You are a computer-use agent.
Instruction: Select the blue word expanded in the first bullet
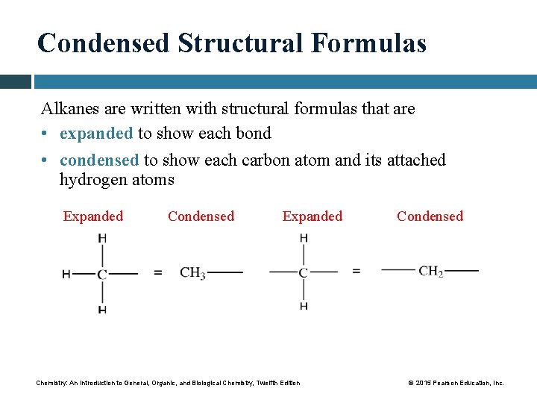96,134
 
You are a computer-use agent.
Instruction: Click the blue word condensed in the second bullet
99,160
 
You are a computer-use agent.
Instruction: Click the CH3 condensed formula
192,273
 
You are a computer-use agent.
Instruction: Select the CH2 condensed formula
431,272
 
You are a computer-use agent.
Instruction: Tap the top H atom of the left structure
102,239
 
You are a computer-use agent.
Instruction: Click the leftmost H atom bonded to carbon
66,274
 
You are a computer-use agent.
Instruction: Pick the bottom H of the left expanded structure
102,309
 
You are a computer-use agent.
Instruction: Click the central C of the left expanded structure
102,274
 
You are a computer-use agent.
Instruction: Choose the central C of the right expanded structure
304,273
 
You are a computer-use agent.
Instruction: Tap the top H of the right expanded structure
304,239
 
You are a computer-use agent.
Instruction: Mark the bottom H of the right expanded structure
304,306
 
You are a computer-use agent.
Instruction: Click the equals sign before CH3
157,273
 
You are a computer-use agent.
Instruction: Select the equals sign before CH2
356,272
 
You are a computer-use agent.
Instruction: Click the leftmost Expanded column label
93,216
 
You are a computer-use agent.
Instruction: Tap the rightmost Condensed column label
430,216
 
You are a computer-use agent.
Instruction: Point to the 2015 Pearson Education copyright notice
456,383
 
